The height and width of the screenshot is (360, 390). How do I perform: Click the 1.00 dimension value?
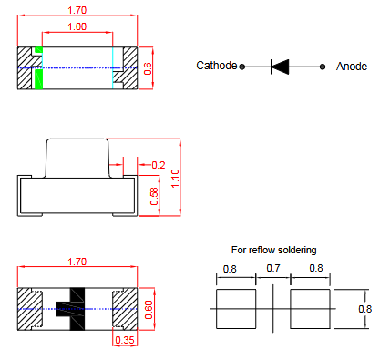coord(77,26)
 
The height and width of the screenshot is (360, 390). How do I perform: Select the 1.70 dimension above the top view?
coord(77,10)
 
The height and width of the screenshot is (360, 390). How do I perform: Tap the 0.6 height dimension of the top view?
coord(148,68)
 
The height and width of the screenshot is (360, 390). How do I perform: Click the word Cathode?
coord(216,66)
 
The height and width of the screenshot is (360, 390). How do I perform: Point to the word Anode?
coord(352,67)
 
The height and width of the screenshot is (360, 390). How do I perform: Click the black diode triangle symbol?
coord(280,67)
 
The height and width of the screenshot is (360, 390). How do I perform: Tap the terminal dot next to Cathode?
coord(242,67)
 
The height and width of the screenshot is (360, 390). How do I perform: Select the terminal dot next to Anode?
coord(323,67)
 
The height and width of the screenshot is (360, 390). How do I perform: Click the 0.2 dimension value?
coord(159,165)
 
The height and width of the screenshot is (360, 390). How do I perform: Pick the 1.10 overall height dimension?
coord(175,179)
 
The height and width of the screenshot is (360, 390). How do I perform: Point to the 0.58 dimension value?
coord(154,196)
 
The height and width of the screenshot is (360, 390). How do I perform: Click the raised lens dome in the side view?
coord(77,158)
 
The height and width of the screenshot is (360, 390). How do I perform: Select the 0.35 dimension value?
coord(125,340)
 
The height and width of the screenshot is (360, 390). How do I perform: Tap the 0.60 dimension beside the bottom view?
coord(149,310)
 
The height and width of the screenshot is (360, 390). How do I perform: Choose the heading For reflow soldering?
coord(274,250)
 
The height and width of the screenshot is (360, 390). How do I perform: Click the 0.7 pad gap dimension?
coord(273,268)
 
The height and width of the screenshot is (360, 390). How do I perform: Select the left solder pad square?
coord(236,309)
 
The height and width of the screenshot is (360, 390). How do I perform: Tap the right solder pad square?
coord(310,309)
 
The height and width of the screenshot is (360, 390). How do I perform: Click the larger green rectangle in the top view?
coord(38,79)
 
